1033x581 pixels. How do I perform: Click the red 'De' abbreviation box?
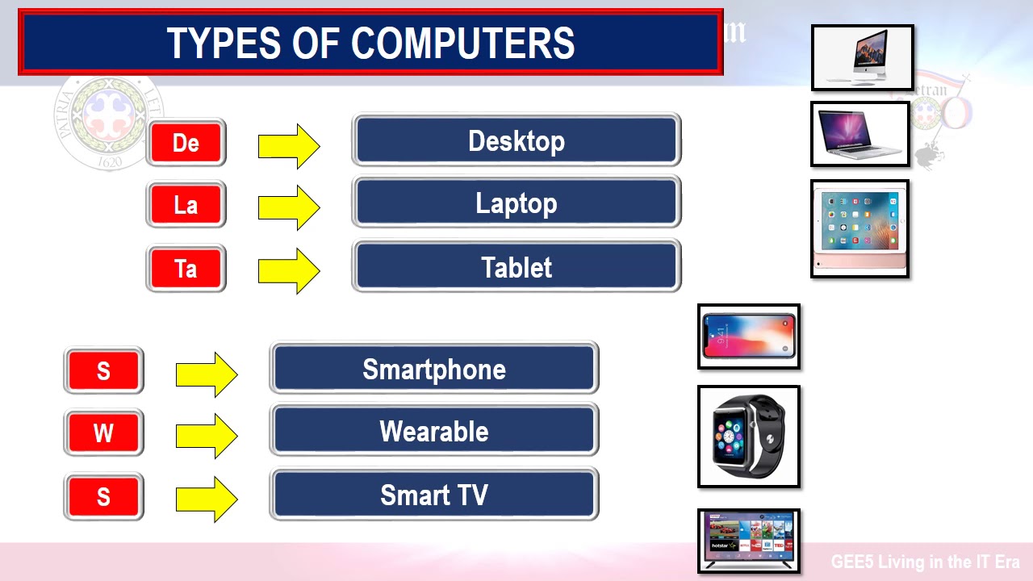point(186,143)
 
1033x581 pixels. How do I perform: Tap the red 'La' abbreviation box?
point(186,205)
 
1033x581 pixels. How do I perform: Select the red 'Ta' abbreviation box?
point(186,268)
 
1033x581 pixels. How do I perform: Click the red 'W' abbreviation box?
point(103,433)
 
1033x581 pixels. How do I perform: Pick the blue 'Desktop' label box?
point(516,141)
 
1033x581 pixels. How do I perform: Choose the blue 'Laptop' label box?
point(516,203)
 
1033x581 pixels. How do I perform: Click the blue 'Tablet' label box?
point(516,267)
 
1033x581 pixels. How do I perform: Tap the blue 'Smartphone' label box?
point(434,369)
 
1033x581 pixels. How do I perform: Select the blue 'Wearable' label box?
point(434,431)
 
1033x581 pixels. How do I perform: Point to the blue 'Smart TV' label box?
point(434,494)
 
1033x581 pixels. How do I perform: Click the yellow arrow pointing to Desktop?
point(289,146)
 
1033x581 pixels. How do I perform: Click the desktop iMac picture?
point(863,57)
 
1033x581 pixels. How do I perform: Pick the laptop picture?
point(860,134)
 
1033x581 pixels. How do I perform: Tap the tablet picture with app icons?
point(859,229)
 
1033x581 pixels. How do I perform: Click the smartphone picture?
point(749,336)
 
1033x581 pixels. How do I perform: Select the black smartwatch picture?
point(749,437)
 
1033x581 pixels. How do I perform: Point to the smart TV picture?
point(749,540)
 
